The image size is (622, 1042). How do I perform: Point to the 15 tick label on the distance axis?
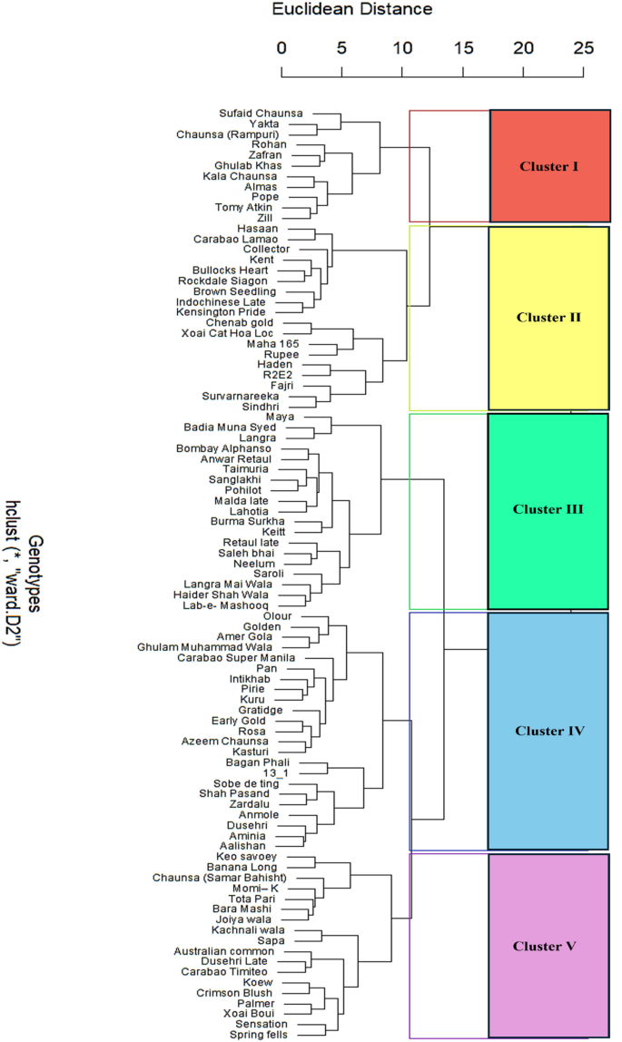tap(463, 47)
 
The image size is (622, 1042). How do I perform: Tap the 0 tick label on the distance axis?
tap(281, 47)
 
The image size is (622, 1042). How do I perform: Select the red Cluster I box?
tap(549, 166)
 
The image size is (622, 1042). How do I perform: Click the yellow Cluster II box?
tap(548, 318)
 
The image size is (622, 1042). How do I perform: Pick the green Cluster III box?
tap(548, 510)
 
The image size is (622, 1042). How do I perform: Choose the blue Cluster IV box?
tap(548, 731)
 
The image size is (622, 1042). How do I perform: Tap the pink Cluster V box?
tap(548, 946)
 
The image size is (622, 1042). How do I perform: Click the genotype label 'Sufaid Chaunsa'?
tap(261, 113)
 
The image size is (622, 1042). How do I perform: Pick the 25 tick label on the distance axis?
tap(584, 47)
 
